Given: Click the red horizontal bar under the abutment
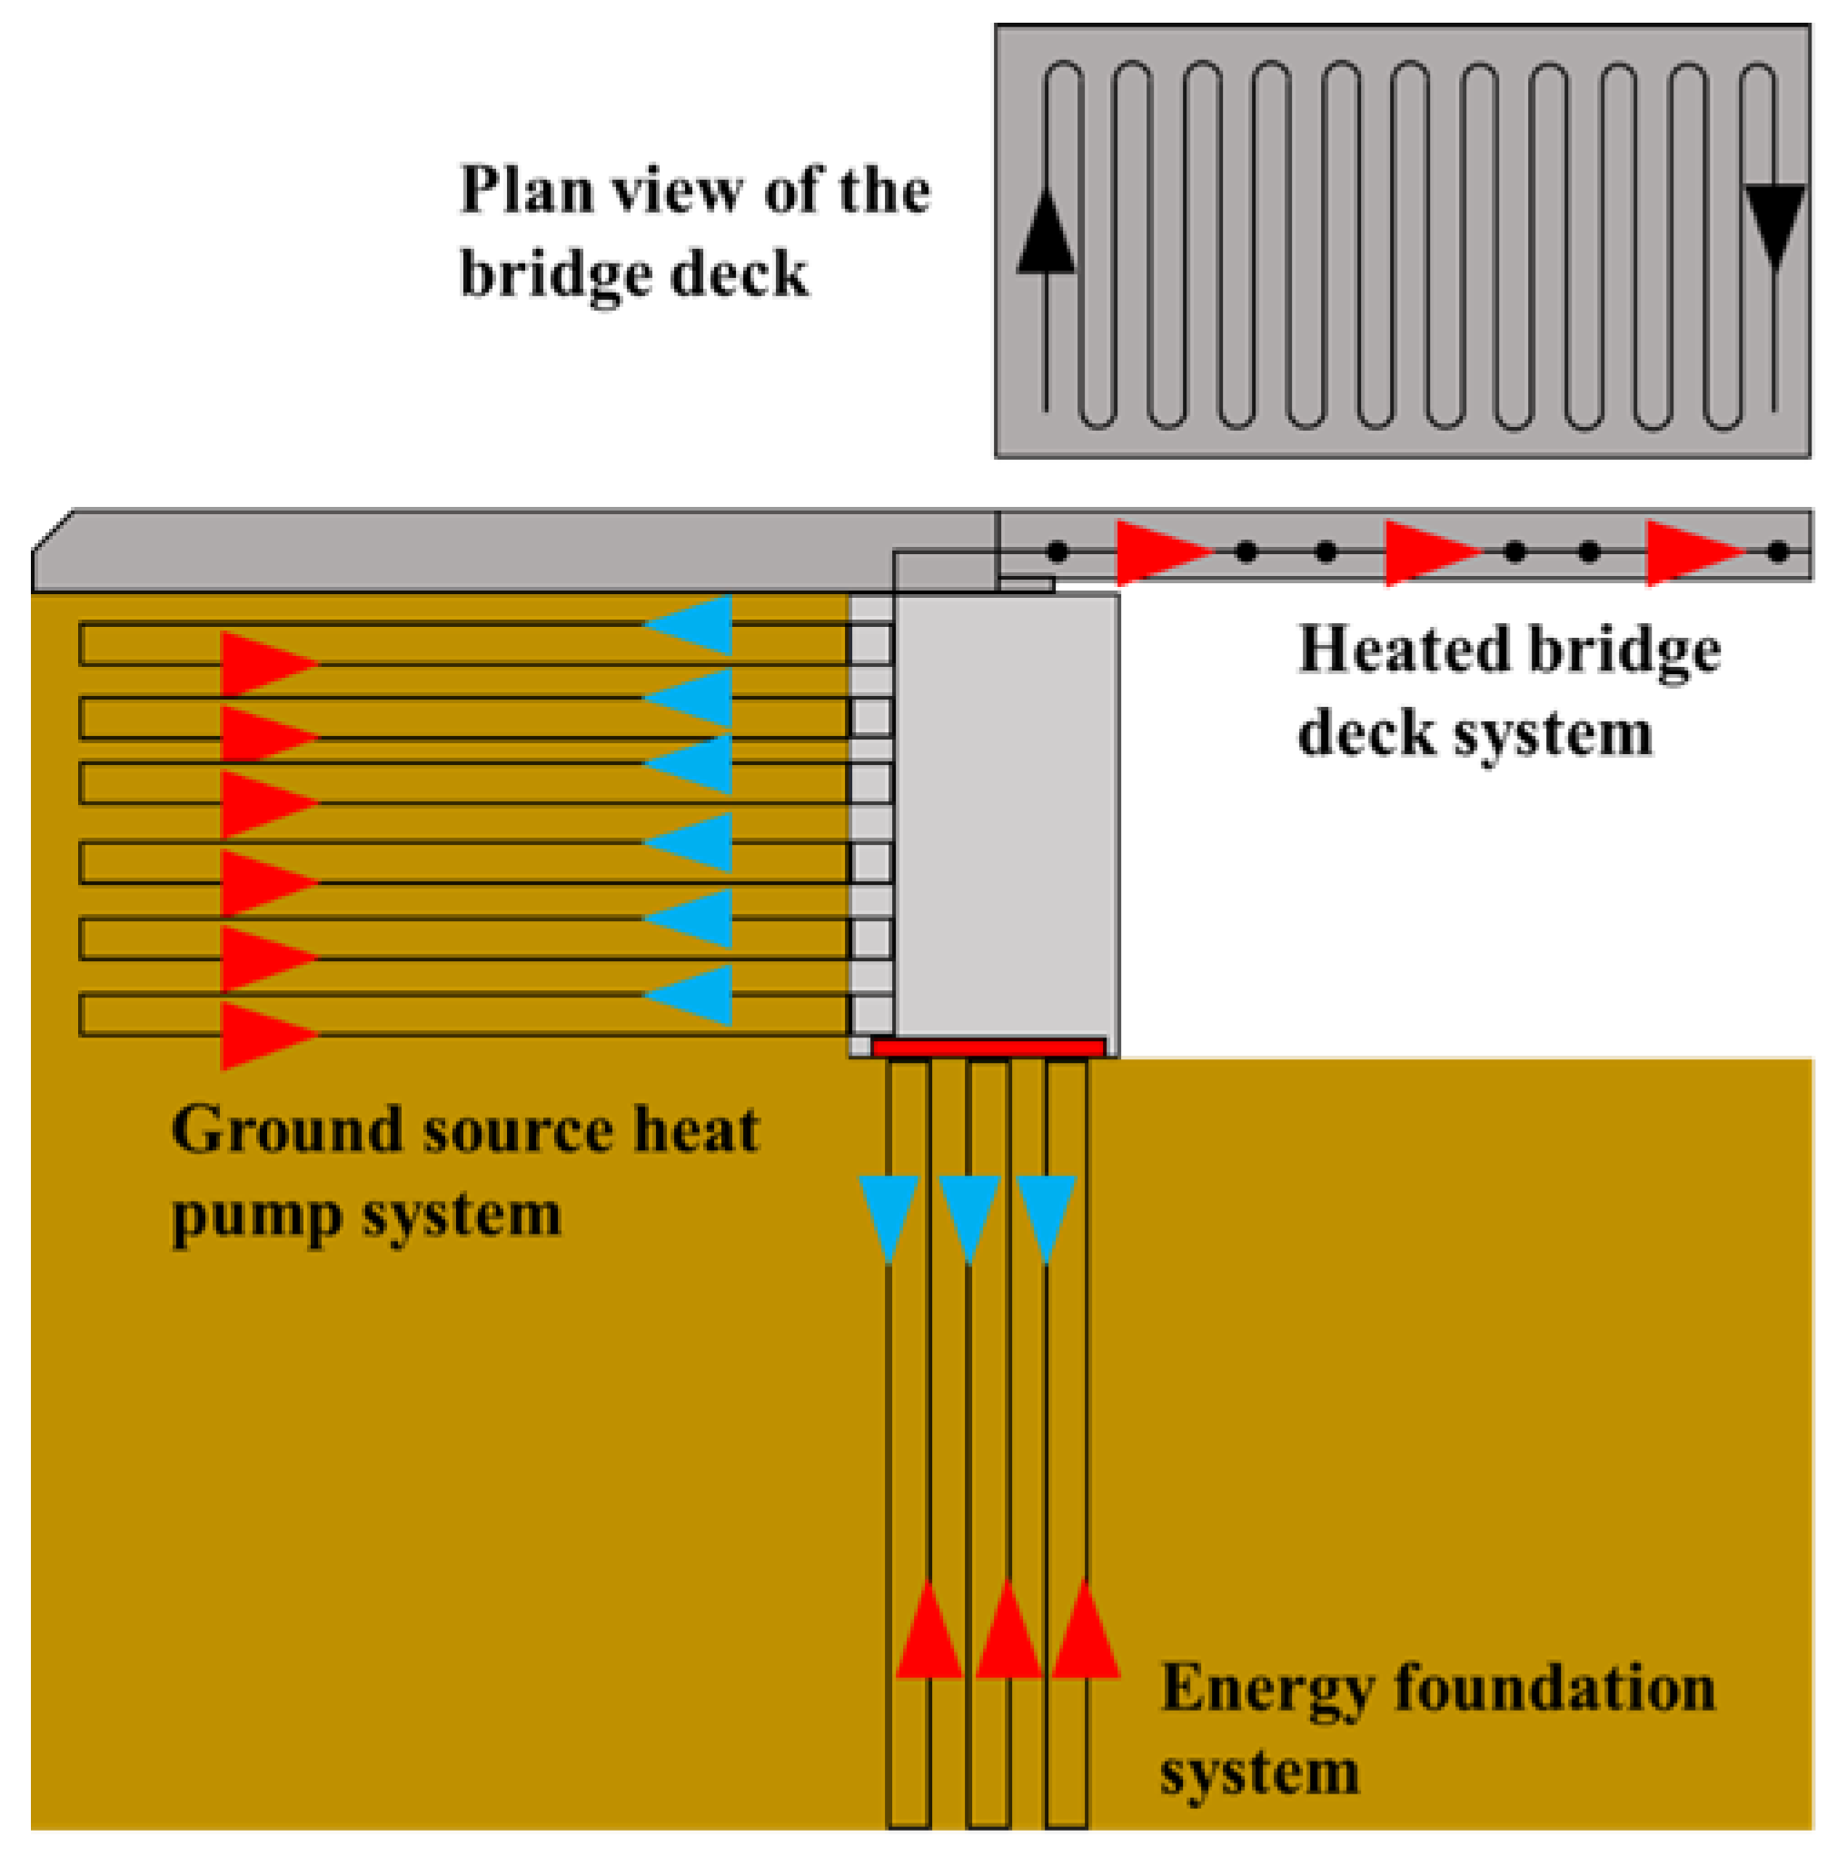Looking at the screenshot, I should [988, 1048].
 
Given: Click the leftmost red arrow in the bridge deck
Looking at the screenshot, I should [1161, 552].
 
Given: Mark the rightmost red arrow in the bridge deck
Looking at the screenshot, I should [1692, 552].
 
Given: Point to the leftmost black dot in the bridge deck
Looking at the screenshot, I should [1058, 551].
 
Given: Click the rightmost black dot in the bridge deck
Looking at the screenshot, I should [1778, 551].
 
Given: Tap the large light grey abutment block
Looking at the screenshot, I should [1006, 817].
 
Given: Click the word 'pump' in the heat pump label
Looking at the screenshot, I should [256, 1216].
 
